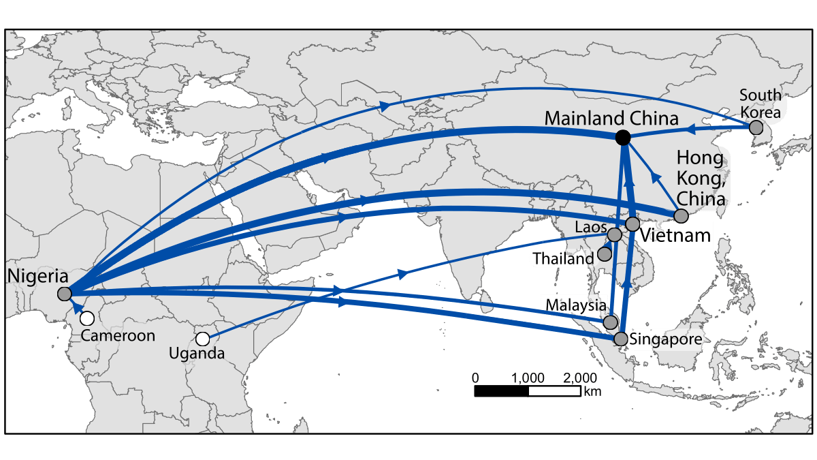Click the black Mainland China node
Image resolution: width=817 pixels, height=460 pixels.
pyautogui.click(x=622, y=138)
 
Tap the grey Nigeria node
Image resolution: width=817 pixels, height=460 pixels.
pyautogui.click(x=65, y=294)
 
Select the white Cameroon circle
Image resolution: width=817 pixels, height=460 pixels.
pyautogui.click(x=86, y=318)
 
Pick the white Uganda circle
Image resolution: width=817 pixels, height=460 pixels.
pyautogui.click(x=202, y=339)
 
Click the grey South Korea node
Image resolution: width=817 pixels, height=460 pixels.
pyautogui.click(x=755, y=127)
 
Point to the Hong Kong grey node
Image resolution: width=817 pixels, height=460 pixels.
pyautogui.click(x=680, y=216)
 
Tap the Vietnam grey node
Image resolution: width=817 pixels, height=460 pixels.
pyautogui.click(x=632, y=224)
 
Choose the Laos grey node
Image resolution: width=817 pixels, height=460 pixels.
pyautogui.click(x=614, y=234)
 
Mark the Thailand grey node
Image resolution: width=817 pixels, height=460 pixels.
pyautogui.click(x=604, y=254)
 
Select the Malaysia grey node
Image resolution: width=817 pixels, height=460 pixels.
pyautogui.click(x=611, y=322)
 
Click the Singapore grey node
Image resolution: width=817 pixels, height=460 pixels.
pyautogui.click(x=620, y=338)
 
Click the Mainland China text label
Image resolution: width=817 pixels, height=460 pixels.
pyautogui.click(x=611, y=118)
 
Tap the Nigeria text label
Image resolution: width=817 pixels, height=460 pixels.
pyautogui.click(x=37, y=277)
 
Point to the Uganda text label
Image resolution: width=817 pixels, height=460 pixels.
pyautogui.click(x=198, y=354)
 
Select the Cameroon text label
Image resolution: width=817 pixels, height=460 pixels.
pyautogui.click(x=118, y=335)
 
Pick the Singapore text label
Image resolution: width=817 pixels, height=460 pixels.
pyautogui.click(x=664, y=339)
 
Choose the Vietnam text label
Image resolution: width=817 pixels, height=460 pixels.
pyautogui.click(x=676, y=236)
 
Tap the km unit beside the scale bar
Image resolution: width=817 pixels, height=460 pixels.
pyautogui.click(x=592, y=392)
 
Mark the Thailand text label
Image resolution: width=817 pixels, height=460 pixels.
pyautogui.click(x=564, y=258)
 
